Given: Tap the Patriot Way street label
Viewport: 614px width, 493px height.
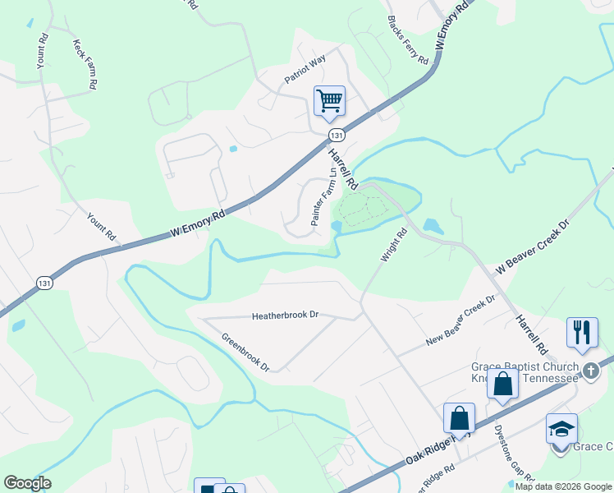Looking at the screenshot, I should click(x=305, y=68).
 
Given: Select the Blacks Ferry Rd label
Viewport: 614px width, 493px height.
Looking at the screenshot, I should click(x=408, y=40).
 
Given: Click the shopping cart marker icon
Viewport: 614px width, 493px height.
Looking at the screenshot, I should click(x=329, y=101).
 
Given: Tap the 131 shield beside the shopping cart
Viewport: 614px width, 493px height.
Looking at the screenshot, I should click(x=335, y=135).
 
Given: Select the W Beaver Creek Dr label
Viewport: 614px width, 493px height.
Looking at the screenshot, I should click(x=532, y=246).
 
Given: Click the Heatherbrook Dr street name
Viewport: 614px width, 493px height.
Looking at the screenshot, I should click(x=285, y=316).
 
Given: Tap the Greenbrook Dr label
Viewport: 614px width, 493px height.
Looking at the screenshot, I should click(x=245, y=352).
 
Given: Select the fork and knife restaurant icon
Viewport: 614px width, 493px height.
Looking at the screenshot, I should click(x=582, y=332).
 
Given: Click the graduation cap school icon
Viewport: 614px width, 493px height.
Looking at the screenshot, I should click(x=561, y=429).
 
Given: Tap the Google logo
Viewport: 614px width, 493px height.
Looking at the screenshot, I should click(x=27, y=483).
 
